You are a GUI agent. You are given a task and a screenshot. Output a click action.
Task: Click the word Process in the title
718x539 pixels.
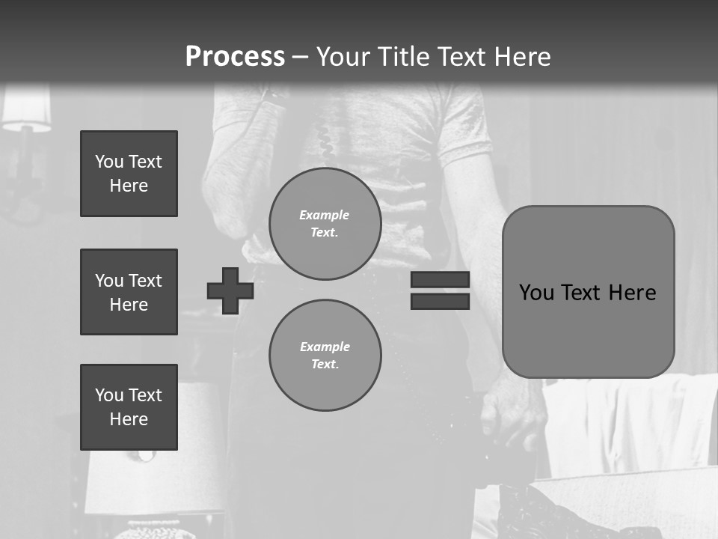[235, 57]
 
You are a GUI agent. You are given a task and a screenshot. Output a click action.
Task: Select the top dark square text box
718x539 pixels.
[129, 174]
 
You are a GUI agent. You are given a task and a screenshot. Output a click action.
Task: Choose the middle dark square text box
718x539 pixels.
[129, 292]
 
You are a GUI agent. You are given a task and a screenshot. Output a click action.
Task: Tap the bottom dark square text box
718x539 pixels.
[129, 407]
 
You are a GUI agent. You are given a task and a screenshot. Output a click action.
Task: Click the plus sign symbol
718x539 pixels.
[230, 290]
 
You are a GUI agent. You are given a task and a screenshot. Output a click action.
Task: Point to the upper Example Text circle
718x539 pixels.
[325, 224]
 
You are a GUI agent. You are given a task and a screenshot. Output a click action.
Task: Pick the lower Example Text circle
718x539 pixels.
[325, 356]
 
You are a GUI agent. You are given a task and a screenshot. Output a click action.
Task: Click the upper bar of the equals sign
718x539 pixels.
[440, 280]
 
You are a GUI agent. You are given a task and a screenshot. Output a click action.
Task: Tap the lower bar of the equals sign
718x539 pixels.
[440, 301]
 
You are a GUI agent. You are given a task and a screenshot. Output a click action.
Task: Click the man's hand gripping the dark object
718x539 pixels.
[512, 415]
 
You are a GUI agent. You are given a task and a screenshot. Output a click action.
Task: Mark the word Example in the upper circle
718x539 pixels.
[325, 215]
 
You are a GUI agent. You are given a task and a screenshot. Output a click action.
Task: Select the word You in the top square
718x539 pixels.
[109, 162]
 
